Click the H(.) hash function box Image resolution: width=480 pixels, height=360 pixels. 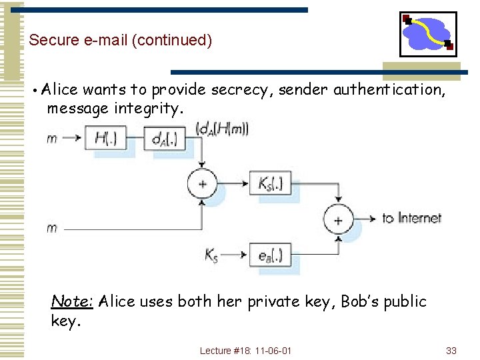[107, 139]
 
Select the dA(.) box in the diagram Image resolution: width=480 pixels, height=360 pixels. [162, 139]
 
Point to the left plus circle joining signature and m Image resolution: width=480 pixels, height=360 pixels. [202, 183]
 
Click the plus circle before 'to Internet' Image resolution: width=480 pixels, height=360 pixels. [338, 219]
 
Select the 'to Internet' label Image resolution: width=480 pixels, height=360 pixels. [411, 218]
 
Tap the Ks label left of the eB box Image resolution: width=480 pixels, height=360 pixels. [211, 254]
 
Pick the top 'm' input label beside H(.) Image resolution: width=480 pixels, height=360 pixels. [52, 139]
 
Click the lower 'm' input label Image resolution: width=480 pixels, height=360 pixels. [52, 228]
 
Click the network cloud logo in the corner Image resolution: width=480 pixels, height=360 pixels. [428, 33]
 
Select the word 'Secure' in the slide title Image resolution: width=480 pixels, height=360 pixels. [51, 40]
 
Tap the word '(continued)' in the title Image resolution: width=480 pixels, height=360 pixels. [172, 40]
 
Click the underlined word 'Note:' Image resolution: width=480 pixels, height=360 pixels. [72, 301]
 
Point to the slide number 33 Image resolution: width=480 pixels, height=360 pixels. [451, 351]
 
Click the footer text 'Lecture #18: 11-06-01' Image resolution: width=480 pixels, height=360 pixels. [245, 351]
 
